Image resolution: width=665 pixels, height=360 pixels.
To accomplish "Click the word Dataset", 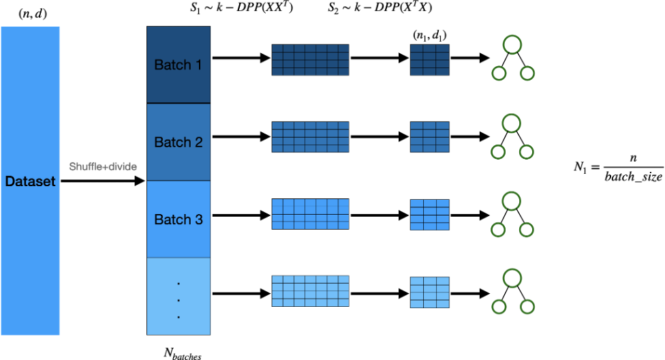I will tap(30, 182).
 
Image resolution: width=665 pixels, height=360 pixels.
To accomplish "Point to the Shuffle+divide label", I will tap(103, 167).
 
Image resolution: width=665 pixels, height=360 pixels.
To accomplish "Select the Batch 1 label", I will tap(178, 65).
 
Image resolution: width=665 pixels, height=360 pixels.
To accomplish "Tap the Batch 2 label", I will tap(178, 142).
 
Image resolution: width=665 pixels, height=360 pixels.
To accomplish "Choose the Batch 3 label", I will tap(178, 220).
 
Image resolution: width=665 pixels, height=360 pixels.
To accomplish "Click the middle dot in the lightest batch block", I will tap(179, 300).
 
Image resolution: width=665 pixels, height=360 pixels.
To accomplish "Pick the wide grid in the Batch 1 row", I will tap(310, 60).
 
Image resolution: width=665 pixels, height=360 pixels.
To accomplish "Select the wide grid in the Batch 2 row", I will tap(310, 137).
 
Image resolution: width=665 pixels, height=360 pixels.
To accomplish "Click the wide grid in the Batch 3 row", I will tap(310, 214).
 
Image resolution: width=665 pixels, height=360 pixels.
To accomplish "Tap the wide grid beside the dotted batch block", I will tap(310, 291).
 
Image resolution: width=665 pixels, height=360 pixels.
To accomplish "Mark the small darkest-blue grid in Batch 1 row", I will tap(429, 60).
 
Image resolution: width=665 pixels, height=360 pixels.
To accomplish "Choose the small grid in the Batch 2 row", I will tap(429, 137).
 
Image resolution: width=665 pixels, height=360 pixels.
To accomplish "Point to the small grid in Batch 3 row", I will tap(429, 214).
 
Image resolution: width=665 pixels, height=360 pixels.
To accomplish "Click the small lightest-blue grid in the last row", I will tap(429, 292).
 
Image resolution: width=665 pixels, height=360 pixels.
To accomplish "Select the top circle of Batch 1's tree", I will tap(512, 46).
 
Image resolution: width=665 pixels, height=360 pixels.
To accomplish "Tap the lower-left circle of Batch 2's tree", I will tap(498, 152).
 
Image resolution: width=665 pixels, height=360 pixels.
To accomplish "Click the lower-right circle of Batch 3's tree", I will tap(526, 230).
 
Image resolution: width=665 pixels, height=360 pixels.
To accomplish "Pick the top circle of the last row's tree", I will tap(512, 278).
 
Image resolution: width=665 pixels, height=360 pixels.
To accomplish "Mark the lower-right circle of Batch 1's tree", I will tap(527, 74).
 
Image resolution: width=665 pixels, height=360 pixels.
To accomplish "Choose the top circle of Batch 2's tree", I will tap(512, 123).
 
